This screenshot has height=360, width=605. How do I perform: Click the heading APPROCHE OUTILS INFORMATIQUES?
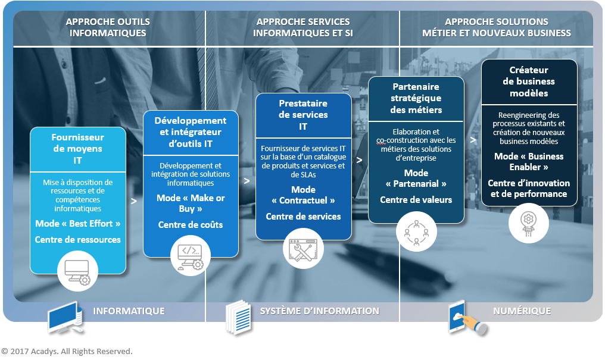[x=108, y=27]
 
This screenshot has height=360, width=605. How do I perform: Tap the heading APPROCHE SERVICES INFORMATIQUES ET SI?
[x=302, y=27]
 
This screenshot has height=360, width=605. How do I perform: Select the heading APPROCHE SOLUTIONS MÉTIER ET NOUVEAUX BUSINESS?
[x=496, y=27]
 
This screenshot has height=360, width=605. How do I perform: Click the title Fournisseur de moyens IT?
[x=78, y=149]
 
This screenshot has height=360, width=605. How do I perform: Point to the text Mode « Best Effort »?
[x=78, y=224]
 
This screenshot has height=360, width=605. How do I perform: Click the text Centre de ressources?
[x=78, y=240]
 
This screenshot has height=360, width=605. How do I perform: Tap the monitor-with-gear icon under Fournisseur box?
[x=77, y=271]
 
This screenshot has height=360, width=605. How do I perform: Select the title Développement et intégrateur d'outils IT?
[x=191, y=132]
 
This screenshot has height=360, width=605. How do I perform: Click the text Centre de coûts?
[x=191, y=224]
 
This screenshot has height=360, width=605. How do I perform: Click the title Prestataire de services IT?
[x=303, y=115]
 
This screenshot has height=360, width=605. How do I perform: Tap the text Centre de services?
[x=303, y=217]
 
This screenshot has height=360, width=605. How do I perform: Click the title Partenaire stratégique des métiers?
[x=416, y=98]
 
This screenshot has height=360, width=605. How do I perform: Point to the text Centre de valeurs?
[x=416, y=200]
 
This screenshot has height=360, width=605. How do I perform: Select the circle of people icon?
[x=416, y=231]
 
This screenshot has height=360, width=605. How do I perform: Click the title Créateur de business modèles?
[x=529, y=82]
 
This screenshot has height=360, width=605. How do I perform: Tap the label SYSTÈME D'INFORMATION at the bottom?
[x=319, y=311]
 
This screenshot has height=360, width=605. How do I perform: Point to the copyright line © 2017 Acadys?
[x=67, y=351]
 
